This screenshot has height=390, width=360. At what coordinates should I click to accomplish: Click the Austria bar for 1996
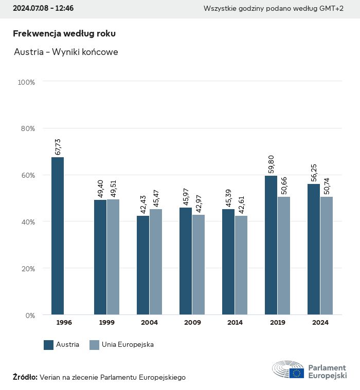58,236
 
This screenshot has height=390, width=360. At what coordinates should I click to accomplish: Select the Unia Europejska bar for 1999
113,257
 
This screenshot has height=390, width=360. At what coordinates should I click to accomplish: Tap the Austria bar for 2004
143,265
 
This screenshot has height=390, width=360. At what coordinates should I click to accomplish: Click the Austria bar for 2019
271,245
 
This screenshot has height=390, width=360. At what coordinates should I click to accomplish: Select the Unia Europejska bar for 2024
327,255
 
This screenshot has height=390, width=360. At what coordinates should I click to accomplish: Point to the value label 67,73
58,146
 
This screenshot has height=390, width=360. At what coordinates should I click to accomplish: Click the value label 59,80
272,165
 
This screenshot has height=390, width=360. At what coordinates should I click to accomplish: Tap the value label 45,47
156,198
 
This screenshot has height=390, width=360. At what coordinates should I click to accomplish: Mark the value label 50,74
327,186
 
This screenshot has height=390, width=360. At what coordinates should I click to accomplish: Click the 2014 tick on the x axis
235,323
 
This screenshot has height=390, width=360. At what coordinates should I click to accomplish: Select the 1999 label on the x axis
107,323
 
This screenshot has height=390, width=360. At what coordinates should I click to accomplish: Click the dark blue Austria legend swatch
49,345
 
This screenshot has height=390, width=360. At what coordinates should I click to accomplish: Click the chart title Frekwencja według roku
64,33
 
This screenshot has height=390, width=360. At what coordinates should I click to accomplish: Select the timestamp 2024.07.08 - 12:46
43,9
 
